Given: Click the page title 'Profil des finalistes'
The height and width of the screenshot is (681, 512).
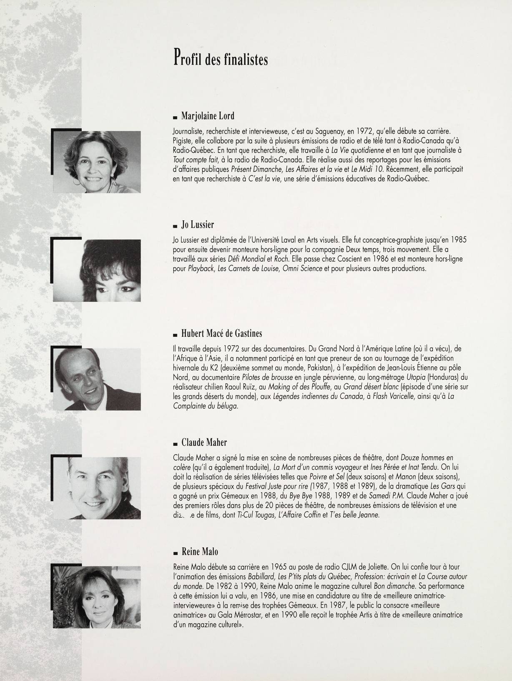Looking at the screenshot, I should pos(220,59).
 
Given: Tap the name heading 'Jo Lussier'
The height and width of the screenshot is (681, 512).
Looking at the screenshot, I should pos(198,225).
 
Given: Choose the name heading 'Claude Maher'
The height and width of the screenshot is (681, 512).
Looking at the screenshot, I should pos(204,442).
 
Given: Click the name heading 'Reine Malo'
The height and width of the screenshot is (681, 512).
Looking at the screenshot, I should pos(200,552).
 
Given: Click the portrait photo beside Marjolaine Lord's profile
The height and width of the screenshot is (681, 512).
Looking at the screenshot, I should pos(97,162).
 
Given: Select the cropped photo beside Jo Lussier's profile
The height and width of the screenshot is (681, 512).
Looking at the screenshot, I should pos(97,270).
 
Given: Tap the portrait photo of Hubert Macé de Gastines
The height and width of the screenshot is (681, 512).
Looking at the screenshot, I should pos(97,379).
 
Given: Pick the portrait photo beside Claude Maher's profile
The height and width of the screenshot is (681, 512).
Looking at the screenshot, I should pos(97,488).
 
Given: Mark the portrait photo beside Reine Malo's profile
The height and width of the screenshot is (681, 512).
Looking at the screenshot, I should pos(97,596).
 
